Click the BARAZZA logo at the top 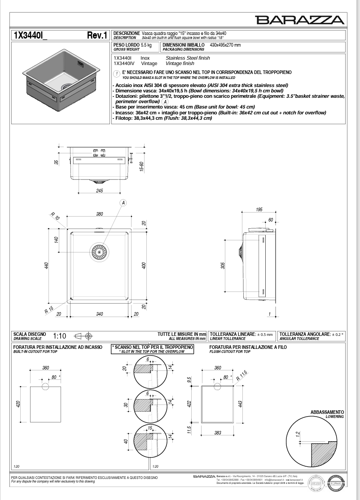point(300,20)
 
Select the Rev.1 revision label point(97,36)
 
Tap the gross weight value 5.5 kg point(146,45)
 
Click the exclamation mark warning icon point(117,73)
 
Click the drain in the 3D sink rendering point(66,85)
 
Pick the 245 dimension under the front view point(99,191)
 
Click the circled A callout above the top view point(123,203)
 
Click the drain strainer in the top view point(99,252)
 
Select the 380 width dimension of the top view point(99,214)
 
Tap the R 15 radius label point(49,309)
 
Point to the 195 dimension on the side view point(259,210)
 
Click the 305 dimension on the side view point(223,265)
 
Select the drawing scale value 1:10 point(59,335)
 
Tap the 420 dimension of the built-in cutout point(18,404)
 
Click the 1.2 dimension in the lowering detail point(297,434)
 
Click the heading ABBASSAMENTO point(327,412)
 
